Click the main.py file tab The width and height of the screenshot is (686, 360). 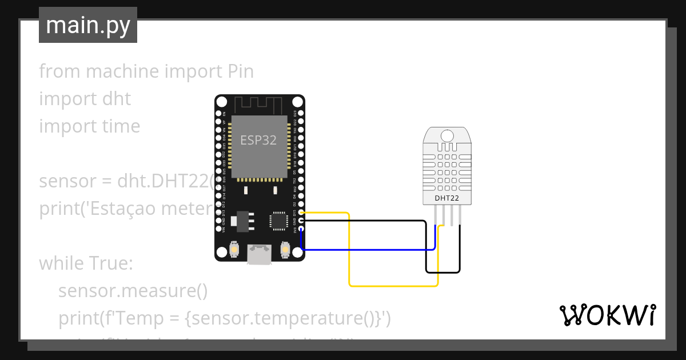click(87, 25)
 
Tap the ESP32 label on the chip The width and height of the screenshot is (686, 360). click(258, 140)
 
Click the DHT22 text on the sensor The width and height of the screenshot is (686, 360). click(446, 198)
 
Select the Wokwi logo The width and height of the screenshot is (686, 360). click(607, 315)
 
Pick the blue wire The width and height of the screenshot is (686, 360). click(366, 250)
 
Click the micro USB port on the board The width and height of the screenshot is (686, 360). click(260, 254)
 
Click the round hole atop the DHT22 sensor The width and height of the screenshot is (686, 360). click(446, 135)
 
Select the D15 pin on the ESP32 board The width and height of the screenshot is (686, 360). click(301, 212)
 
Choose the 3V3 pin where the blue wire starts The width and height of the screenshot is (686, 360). click(301, 229)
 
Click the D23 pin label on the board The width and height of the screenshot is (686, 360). click(295, 113)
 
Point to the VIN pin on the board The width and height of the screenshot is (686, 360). click(218, 229)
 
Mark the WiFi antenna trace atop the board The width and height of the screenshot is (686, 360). click(259, 105)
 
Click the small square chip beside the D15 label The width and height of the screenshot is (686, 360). click(279, 220)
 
